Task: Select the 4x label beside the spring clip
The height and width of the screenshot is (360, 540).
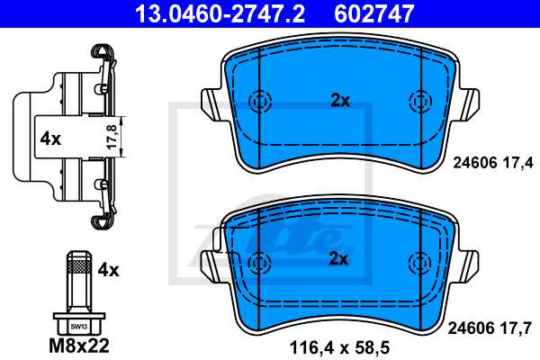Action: click(49, 139)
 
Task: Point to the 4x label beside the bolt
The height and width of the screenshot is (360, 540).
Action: click(108, 269)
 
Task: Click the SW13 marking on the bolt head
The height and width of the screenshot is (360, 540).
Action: click(79, 326)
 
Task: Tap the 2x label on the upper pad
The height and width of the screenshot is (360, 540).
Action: click(339, 101)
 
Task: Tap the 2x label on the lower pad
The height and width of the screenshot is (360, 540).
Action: click(339, 260)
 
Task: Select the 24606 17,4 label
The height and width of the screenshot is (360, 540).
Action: click(492, 162)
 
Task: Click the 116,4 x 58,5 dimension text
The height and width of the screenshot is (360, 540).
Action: click(339, 345)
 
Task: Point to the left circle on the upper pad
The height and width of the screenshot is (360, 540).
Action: click(259, 101)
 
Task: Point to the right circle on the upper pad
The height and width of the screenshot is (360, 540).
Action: click(418, 101)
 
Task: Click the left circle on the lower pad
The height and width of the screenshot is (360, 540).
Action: click(259, 261)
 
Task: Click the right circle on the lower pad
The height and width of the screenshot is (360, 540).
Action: click(418, 261)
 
